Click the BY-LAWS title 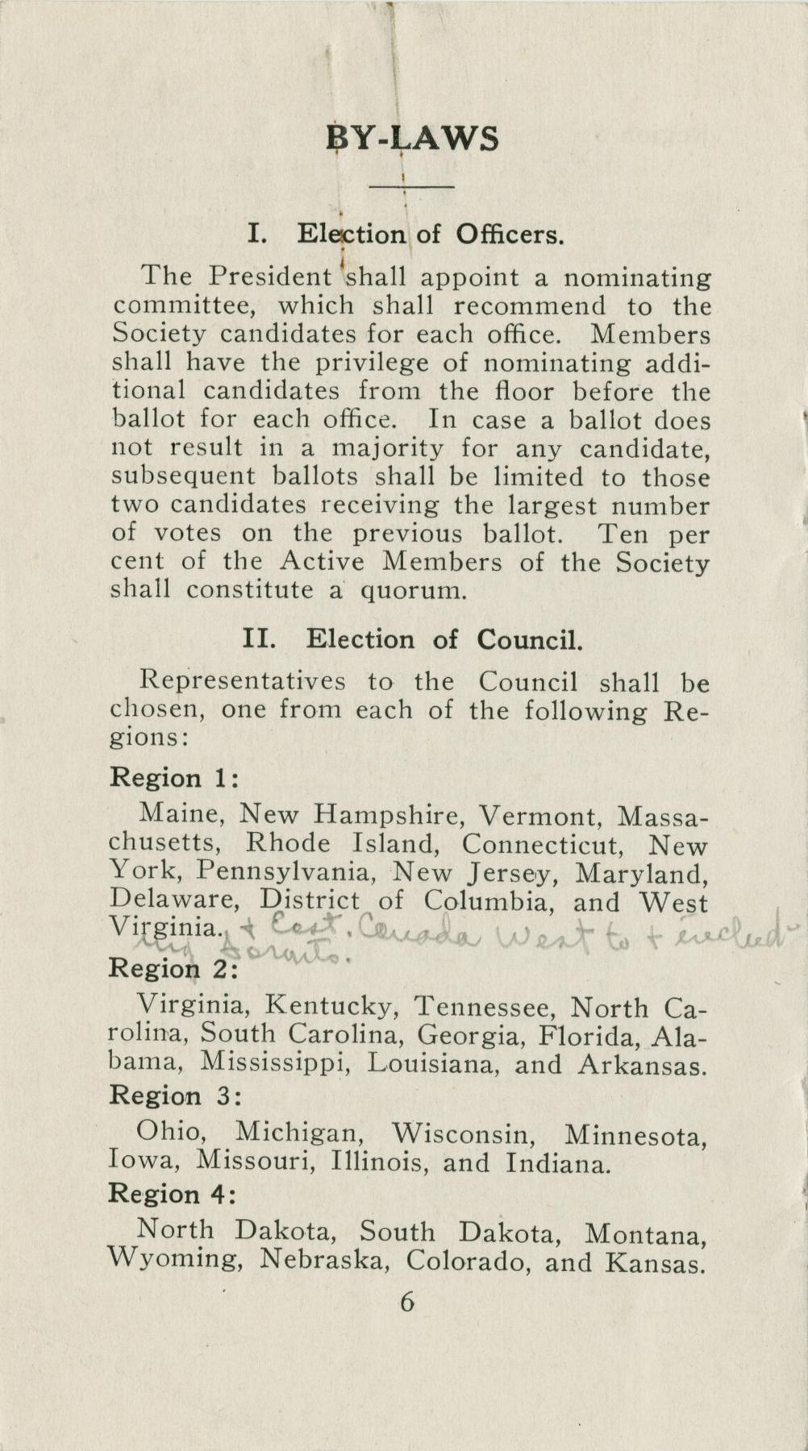pyautogui.click(x=412, y=139)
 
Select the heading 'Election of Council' pyautogui.click(x=412, y=640)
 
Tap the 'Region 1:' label pyautogui.click(x=174, y=778)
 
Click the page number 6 pyautogui.click(x=406, y=1324)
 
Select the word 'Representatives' pyautogui.click(x=243, y=681)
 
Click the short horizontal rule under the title pyautogui.click(x=411, y=188)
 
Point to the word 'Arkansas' pyautogui.click(x=643, y=1065)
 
